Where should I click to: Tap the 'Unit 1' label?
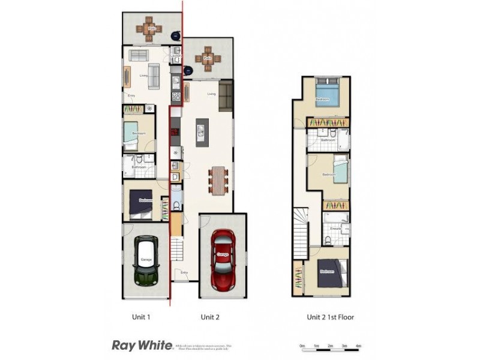[x=140, y=316]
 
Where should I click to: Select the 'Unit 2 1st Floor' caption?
[x=330, y=316]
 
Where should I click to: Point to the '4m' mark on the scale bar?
[x=358, y=346]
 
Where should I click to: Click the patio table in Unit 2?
[x=208, y=59]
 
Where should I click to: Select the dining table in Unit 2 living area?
[x=218, y=179]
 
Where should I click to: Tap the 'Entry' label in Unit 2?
[x=184, y=274]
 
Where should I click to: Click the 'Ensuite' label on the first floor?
[x=335, y=229]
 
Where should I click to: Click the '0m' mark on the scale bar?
[x=302, y=346]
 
